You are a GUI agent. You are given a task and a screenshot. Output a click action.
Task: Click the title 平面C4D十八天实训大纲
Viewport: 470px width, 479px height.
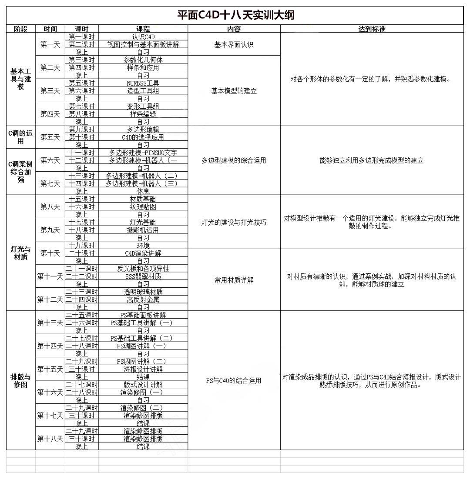pyautogui.click(x=235, y=15)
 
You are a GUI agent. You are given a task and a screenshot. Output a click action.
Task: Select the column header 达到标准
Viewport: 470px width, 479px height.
pyautogui.click(x=372, y=29)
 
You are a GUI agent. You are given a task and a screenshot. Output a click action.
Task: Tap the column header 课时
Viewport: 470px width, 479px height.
pyautogui.click(x=81, y=29)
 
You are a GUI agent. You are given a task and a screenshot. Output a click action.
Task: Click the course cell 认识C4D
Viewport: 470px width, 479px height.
pyautogui.click(x=143, y=37)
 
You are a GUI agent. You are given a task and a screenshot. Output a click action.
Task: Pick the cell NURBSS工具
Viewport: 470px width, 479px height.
pyautogui.click(x=143, y=83)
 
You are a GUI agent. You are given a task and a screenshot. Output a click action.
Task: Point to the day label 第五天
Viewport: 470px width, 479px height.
pyautogui.click(x=50, y=137)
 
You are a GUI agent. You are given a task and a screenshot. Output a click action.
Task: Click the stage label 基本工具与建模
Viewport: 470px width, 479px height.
pyautogui.click(x=21, y=79)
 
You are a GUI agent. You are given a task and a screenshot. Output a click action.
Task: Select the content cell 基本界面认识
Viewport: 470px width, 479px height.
pyautogui.click(x=234, y=45)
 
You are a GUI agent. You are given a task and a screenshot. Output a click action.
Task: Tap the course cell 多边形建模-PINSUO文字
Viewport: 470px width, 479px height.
pyautogui.click(x=143, y=153)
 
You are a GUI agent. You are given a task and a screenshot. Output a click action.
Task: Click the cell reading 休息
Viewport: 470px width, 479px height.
pyautogui.click(x=143, y=191)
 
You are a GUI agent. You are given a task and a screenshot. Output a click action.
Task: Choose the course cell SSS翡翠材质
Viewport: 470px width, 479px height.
pyautogui.click(x=143, y=276)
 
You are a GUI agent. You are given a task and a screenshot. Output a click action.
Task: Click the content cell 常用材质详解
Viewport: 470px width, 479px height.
pyautogui.click(x=234, y=280)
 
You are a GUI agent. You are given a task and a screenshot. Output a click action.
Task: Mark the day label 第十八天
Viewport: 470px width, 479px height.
pyautogui.click(x=50, y=439)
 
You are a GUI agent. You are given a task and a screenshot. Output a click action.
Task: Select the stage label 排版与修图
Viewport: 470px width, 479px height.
pyautogui.click(x=21, y=380)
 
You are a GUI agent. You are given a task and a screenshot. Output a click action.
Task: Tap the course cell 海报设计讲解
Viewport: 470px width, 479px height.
pyautogui.click(x=143, y=369)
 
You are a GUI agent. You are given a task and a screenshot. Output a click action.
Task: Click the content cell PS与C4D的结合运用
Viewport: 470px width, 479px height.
pyautogui.click(x=234, y=381)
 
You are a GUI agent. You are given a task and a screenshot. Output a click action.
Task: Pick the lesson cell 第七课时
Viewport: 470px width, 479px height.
pyautogui.click(x=81, y=106)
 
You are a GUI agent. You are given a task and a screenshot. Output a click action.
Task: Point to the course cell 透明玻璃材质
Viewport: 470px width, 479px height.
pyautogui.click(x=143, y=292)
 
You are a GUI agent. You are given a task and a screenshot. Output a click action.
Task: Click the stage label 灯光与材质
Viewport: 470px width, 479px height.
pyautogui.click(x=21, y=253)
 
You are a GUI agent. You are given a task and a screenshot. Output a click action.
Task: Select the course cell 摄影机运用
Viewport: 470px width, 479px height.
pyautogui.click(x=143, y=230)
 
